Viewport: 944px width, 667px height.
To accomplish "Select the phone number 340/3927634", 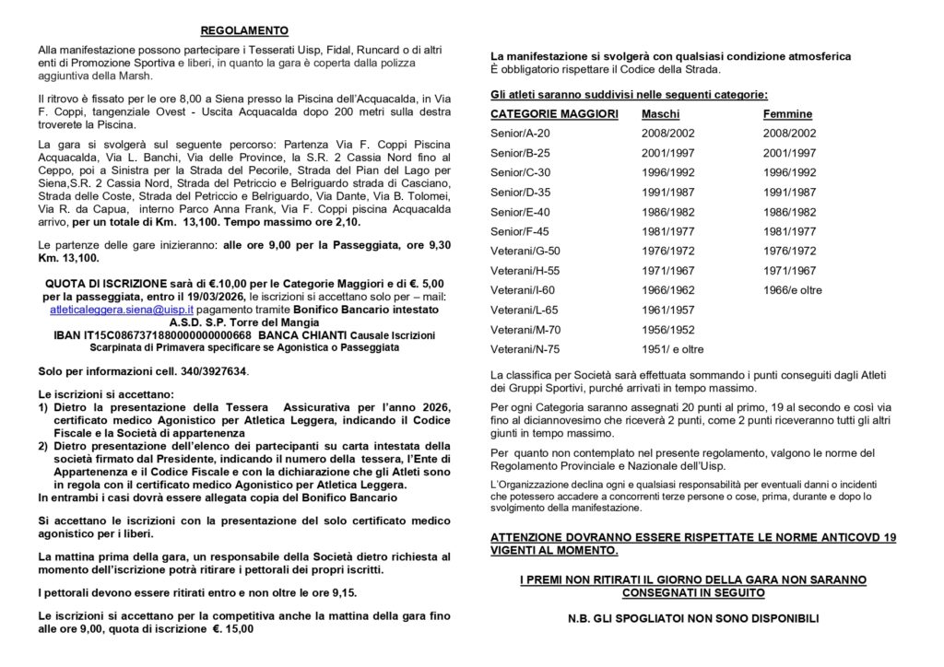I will tap(214, 370).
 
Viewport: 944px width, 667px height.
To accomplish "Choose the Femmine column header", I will tap(787, 114).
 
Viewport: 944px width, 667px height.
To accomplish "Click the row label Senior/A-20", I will tap(521, 134).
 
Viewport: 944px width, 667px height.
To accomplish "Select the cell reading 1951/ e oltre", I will tap(672, 349).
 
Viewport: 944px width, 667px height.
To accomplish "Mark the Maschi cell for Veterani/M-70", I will tap(668, 330).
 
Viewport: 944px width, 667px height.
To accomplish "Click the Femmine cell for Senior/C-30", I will tap(789, 172).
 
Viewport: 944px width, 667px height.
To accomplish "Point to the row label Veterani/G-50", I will tap(525, 251).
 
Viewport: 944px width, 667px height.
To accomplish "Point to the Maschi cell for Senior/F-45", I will tap(668, 231).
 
